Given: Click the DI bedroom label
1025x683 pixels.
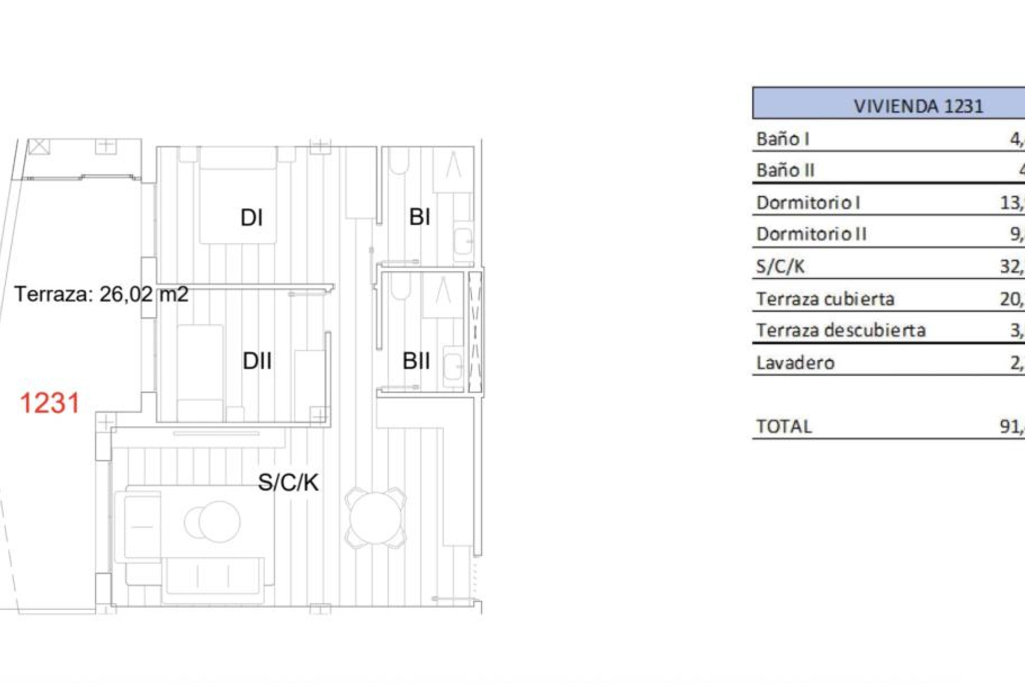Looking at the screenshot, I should [251, 218].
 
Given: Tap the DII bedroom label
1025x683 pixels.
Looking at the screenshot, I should [257, 361].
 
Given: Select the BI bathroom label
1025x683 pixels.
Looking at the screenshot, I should [420, 217].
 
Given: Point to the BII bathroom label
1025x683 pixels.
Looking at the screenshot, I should [416, 361].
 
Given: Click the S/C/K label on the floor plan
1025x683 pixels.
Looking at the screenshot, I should [288, 482].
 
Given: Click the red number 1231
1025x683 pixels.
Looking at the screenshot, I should [50, 403].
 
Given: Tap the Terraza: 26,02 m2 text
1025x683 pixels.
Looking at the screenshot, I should [101, 294].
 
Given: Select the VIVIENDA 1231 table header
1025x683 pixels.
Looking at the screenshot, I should [918, 106].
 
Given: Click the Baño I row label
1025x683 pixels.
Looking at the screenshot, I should [783, 139].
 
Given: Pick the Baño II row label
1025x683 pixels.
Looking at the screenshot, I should [785, 171].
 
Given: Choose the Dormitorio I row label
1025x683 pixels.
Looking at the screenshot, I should [808, 203].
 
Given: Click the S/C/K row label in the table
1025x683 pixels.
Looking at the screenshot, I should [780, 266].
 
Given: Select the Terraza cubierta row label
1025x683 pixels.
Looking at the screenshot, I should [825, 299].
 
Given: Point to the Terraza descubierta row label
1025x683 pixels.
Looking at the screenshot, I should [841, 331].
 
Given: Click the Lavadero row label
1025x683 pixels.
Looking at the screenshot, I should [795, 363].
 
